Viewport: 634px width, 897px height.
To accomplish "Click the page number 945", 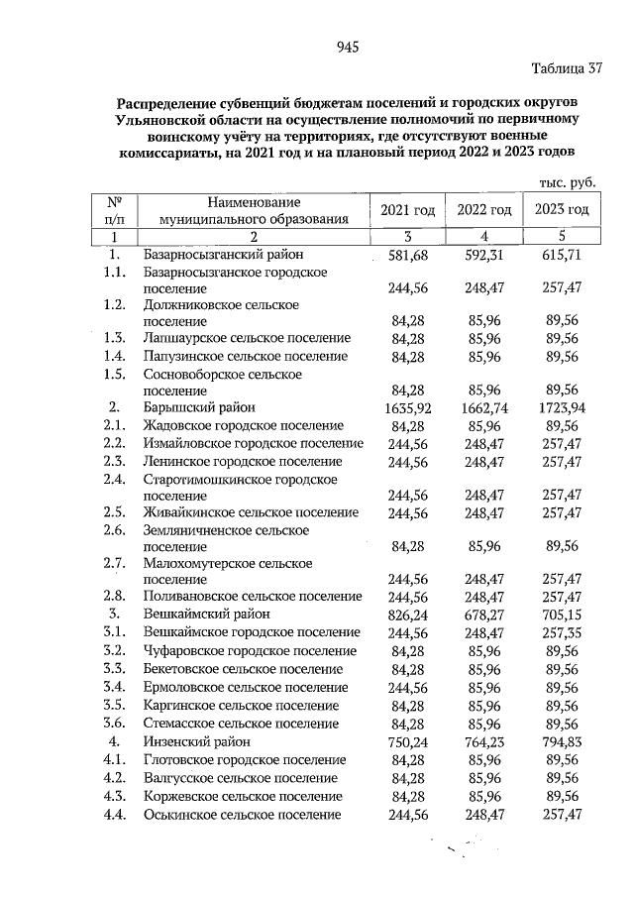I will point(346,48).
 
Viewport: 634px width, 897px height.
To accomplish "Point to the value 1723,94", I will point(559,407).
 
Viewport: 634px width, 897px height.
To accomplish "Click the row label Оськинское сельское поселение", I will point(243,814).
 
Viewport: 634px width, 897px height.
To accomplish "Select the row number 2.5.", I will point(115,511).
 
